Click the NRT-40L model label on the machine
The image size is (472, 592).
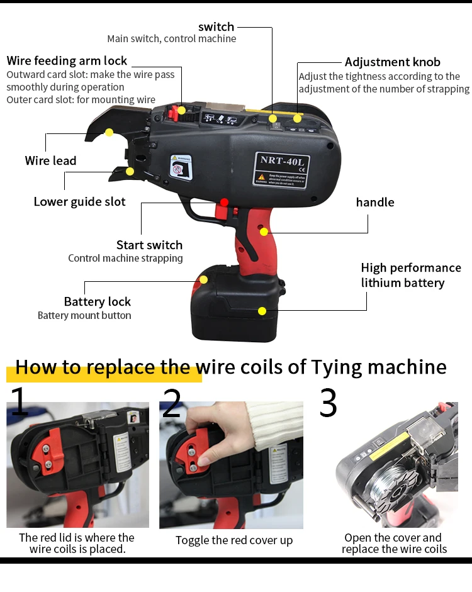(x=281, y=159)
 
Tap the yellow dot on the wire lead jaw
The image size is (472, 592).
(x=109, y=132)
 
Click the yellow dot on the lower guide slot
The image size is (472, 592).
(x=130, y=170)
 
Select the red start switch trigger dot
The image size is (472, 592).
(x=224, y=203)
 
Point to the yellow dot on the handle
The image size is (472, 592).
(x=264, y=232)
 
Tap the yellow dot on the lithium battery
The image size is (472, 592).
(x=262, y=310)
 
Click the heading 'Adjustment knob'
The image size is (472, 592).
(x=392, y=62)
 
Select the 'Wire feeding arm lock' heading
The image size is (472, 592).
(x=67, y=61)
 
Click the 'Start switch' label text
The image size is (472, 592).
(x=149, y=245)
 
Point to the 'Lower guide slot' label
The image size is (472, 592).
(x=79, y=201)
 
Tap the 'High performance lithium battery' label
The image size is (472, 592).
(x=411, y=275)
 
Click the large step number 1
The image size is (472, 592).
(x=19, y=403)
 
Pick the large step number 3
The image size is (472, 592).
(x=328, y=403)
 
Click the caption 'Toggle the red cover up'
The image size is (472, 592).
(x=234, y=540)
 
